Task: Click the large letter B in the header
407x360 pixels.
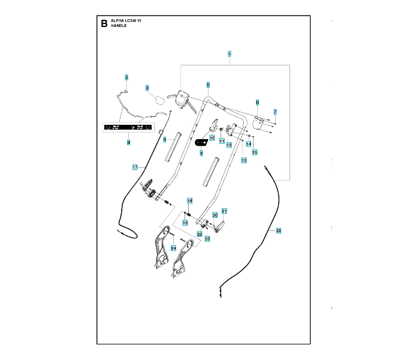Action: coord(104,24)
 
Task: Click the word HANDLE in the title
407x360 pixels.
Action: coord(119,26)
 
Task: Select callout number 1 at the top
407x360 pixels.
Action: coord(229,54)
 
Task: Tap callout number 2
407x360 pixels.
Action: coord(126,77)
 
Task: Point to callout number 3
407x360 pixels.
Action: coord(147,88)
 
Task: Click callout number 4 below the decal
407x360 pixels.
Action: coord(128,142)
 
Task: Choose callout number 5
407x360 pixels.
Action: coord(208,85)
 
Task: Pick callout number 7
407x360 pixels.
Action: coord(275,112)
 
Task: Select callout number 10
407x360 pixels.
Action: coord(212,137)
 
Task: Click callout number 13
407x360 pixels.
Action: coord(244,160)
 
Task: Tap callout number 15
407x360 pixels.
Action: coord(254,152)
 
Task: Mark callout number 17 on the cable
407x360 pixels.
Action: coord(135,166)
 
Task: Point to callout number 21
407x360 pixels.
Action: coord(224,211)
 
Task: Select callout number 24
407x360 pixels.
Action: coord(173,248)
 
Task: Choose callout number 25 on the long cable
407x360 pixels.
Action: coord(278,230)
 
